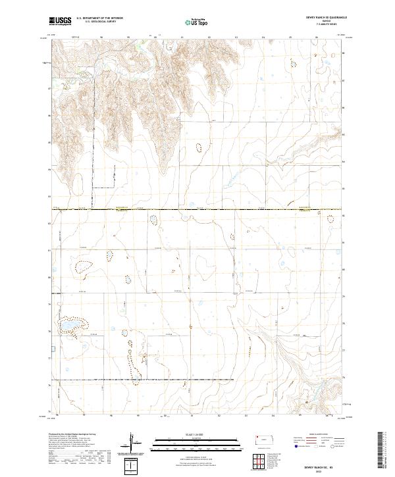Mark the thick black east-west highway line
click(x=197, y=211)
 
